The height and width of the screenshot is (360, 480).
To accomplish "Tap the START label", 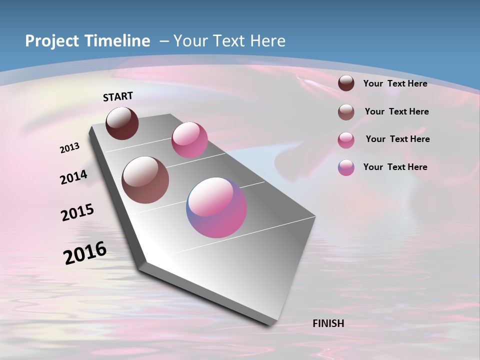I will click(118, 96).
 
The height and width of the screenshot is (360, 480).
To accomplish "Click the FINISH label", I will click(328, 323).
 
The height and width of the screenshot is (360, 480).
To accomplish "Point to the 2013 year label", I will click(70, 148).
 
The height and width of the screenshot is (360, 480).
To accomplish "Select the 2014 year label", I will click(74, 177).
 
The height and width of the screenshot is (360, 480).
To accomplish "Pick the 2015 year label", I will click(77, 212).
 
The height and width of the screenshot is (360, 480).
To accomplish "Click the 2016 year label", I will click(85, 252).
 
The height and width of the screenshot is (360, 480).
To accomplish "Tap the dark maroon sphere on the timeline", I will click(122, 123).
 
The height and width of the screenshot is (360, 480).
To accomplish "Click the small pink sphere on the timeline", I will click(189, 140).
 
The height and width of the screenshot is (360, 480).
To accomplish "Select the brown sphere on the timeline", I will click(145, 180).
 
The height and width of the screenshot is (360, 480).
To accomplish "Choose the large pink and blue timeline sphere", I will click(216, 207).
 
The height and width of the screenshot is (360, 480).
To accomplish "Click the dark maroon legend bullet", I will click(346, 83).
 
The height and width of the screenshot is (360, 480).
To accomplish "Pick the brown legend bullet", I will click(346, 112).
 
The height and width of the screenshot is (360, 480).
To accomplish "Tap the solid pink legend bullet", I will click(346, 140).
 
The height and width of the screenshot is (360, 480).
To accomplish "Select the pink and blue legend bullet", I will click(346, 167).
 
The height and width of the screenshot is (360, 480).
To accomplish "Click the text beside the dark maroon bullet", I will click(395, 83).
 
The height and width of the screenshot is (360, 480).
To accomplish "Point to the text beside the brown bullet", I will click(396, 111).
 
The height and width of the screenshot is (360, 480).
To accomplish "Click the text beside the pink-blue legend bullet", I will click(395, 167).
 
